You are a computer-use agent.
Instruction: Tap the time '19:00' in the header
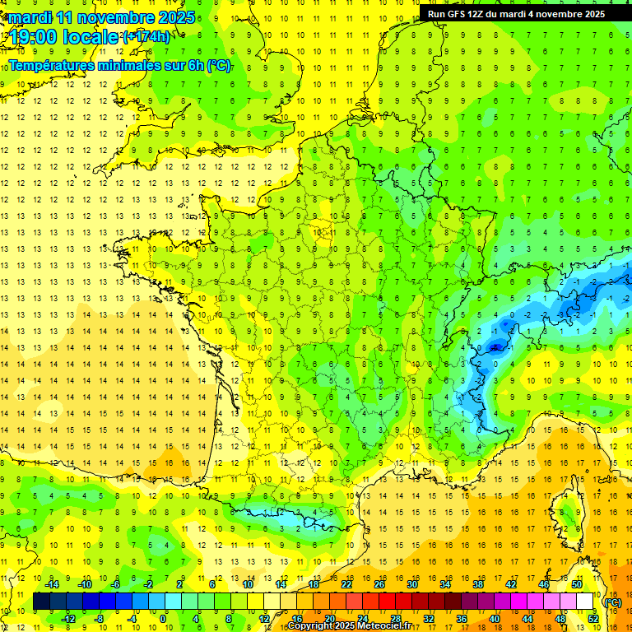35,37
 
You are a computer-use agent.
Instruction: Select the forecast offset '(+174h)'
146,37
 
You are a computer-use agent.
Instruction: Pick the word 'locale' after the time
91,37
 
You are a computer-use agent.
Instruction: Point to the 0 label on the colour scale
163,618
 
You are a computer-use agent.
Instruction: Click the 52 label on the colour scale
592,618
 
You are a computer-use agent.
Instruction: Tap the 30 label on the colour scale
412,584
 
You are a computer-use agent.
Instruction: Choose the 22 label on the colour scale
346,584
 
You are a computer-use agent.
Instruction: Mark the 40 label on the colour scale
495,618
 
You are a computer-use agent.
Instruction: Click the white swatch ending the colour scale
584,602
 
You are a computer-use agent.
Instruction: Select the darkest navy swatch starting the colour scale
41,602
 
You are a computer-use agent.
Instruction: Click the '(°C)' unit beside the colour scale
612,602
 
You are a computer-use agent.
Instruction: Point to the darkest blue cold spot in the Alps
495,347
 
